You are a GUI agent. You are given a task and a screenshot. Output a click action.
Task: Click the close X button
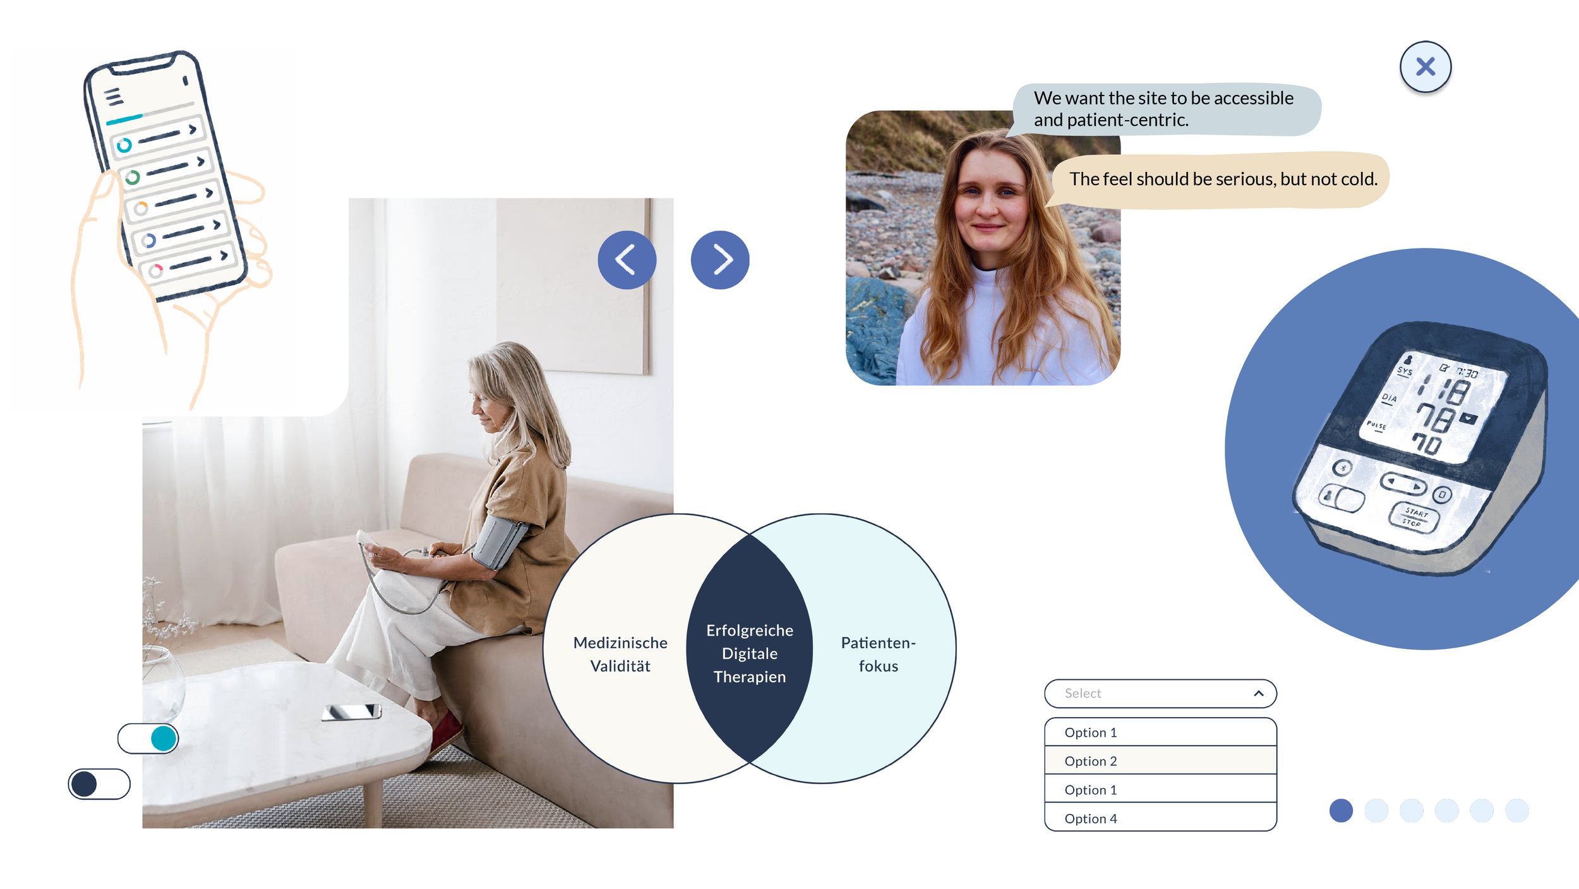click(1425, 67)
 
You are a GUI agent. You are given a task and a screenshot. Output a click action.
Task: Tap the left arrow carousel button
click(627, 260)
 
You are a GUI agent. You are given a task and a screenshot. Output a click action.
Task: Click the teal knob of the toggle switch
click(164, 738)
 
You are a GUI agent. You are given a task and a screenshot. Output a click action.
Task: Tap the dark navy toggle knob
click(85, 783)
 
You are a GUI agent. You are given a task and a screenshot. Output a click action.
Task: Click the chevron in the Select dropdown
click(1258, 693)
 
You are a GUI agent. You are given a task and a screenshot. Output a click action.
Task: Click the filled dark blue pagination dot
click(1340, 810)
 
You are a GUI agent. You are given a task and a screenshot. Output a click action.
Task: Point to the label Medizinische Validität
click(620, 654)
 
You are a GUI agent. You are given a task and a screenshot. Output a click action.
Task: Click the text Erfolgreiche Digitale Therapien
click(750, 653)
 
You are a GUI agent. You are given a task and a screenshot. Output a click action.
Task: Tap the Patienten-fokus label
click(878, 654)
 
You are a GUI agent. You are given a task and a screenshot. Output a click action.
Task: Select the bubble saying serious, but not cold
click(1222, 179)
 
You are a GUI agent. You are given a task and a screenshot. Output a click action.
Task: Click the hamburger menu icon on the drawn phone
click(114, 97)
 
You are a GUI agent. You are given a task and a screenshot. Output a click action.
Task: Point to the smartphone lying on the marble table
click(351, 712)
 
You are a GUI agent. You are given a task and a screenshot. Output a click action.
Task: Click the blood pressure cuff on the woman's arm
click(499, 541)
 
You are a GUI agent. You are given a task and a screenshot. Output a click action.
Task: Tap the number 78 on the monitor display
click(1435, 418)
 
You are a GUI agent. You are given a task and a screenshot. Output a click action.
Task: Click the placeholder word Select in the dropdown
click(1083, 693)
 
